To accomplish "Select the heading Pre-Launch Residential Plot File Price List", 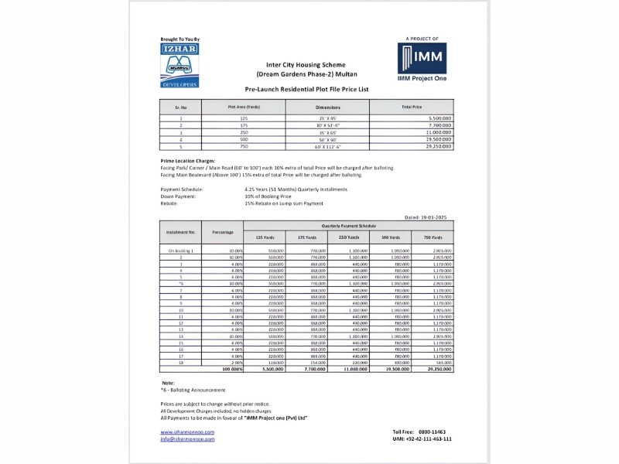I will click(306, 90).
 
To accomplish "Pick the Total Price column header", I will click(412, 107).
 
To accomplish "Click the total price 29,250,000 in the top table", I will click(439, 145).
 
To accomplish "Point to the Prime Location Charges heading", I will click(187, 160).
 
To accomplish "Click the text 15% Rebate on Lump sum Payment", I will click(284, 203).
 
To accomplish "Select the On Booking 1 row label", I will click(181, 251).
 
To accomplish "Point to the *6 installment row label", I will click(181, 285).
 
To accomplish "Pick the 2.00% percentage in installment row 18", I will click(235, 362).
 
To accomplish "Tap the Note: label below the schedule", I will click(169, 383).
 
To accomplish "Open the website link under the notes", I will click(187, 432).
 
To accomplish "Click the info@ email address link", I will click(187, 438).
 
